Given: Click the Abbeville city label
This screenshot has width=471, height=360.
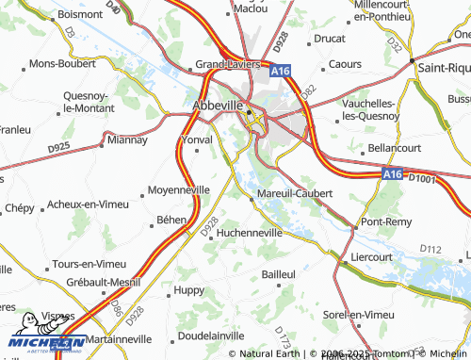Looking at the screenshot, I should coord(219,106).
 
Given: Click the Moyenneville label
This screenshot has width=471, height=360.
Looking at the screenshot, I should coord(179,189).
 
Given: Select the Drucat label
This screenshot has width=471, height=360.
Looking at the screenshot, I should coord(329,39).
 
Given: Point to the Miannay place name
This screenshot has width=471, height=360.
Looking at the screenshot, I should coord(128,139).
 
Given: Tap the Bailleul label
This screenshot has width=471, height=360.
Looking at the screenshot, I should coord(279,272).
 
